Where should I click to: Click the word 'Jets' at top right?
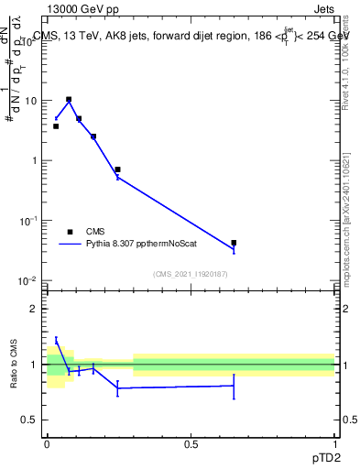pos(322,9)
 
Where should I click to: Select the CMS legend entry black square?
pos(70,233)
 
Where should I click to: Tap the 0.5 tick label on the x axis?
pos(191,443)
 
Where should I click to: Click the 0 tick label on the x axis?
pos(47,443)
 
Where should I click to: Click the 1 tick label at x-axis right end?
pos(334,443)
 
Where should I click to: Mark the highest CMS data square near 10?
pos(69,99)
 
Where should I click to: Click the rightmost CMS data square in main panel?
pos(234,243)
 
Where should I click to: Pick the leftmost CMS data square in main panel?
pos(56,126)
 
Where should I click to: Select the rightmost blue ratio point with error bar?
pos(234,386)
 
